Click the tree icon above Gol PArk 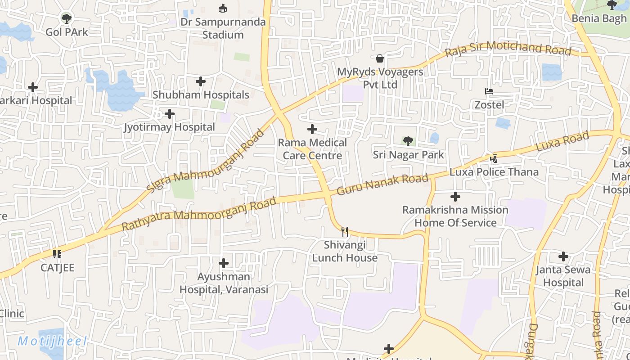(67, 18)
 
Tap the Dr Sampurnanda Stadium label (223, 28)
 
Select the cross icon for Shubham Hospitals (201, 81)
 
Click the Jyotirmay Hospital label (170, 127)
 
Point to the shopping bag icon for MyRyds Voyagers (380, 58)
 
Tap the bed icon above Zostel (489, 91)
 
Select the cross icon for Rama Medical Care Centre (312, 130)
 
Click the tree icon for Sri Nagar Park (408, 141)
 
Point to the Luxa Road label (562, 142)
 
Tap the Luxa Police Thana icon (494, 158)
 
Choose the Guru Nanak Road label (382, 184)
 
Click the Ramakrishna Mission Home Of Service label (455, 216)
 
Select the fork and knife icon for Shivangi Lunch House (345, 232)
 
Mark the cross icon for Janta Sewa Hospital (563, 256)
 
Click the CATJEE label (57, 268)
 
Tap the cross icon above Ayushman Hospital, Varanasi (224, 263)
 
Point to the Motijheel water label (52, 342)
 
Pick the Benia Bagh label (599, 18)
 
